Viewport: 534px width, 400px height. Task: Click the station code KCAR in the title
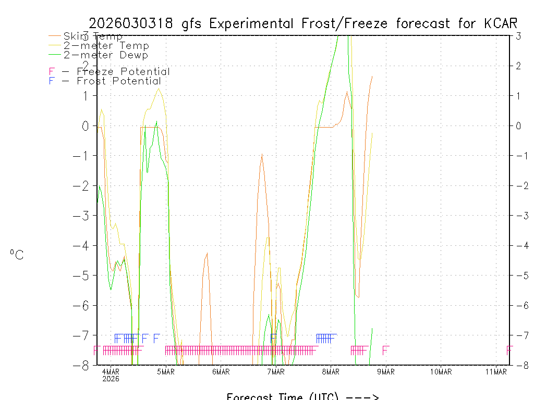point(500,23)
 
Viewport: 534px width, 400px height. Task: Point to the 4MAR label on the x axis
point(111,371)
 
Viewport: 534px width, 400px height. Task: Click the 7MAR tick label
point(276,371)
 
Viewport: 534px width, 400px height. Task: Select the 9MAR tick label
point(386,371)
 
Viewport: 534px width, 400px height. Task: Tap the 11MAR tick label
point(496,371)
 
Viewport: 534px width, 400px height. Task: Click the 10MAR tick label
point(441,371)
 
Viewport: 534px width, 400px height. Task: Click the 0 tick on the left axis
point(85,126)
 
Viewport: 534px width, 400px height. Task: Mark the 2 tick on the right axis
point(518,66)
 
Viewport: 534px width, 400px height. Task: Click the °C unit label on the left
point(17,255)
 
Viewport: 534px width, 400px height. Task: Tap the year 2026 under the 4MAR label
point(111,379)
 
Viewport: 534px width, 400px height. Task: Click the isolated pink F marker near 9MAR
point(385,350)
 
